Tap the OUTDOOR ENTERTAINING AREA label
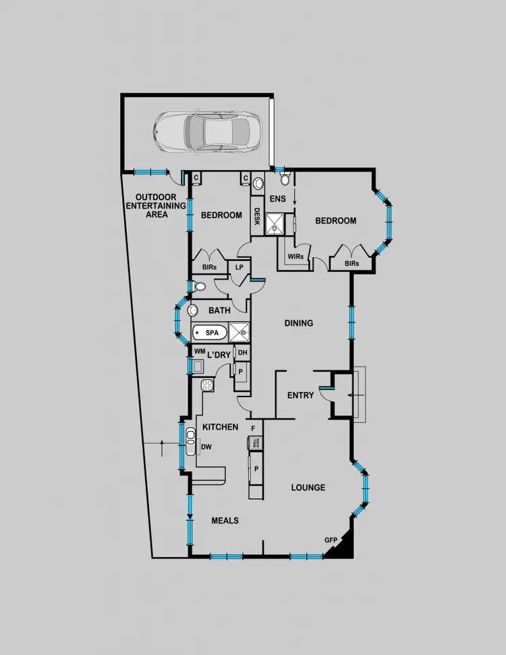tap(156, 206)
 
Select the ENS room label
tap(277, 199)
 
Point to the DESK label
tap(257, 217)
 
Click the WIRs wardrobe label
tap(295, 257)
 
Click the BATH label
tap(219, 311)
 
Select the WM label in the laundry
tap(199, 351)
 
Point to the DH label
tap(243, 352)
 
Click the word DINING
tap(298, 323)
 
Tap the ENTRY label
tap(300, 395)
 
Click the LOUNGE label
tap(308, 488)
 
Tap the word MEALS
tap(225, 520)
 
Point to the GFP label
tap(331, 540)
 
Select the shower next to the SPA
tap(239, 333)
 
